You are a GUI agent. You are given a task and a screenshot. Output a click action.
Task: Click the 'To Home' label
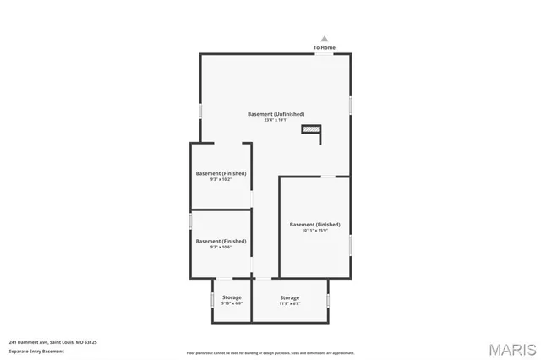click(x=325, y=47)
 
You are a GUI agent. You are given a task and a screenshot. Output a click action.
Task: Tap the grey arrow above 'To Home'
click(x=325, y=38)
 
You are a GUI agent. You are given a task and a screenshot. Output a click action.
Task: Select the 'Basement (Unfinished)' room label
click(x=276, y=114)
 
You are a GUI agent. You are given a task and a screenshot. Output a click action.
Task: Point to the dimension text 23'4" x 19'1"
click(x=276, y=120)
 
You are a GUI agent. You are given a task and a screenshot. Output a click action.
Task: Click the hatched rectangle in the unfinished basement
click(x=312, y=128)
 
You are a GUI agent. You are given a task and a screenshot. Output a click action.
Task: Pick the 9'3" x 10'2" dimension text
click(x=221, y=179)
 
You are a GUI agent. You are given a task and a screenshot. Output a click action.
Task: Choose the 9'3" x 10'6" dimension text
click(x=221, y=247)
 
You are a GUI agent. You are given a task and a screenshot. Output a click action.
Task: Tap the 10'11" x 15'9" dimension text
click(x=314, y=231)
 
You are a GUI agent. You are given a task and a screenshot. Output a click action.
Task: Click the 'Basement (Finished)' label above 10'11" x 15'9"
click(x=314, y=224)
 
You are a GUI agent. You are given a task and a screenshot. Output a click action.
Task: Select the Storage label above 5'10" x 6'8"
click(x=232, y=297)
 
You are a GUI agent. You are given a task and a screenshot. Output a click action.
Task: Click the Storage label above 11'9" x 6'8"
click(x=290, y=297)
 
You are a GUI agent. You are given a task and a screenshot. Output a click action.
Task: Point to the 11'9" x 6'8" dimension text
click(x=290, y=303)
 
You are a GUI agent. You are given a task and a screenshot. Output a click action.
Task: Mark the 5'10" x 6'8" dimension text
click(x=232, y=303)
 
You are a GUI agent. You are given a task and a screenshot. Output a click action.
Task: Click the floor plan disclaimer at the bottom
click(x=270, y=352)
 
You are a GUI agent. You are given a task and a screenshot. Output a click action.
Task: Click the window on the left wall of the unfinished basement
click(x=200, y=110)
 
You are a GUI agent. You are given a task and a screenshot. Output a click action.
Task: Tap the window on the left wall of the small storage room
click(x=211, y=299)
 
